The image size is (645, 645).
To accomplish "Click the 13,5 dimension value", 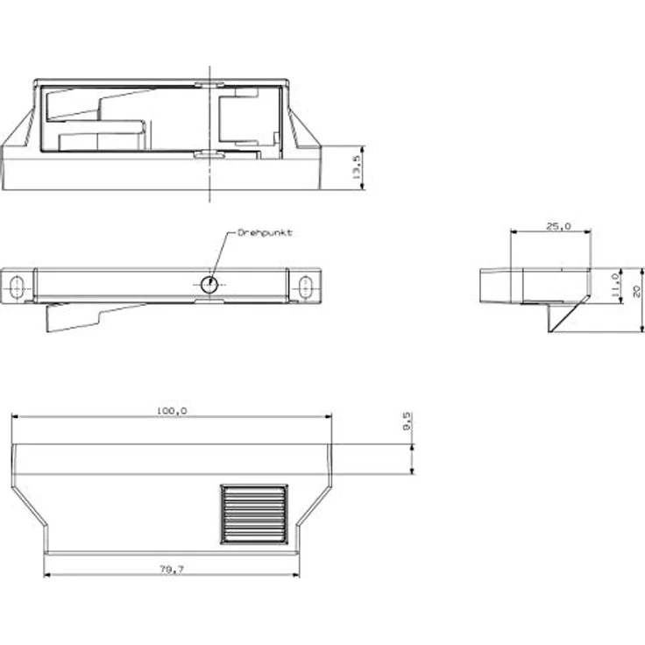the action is (x=357, y=167).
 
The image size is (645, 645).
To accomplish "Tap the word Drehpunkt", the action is (x=266, y=233).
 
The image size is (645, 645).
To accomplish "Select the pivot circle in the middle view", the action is (x=209, y=285).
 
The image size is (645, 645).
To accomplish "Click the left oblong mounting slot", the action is (x=17, y=285).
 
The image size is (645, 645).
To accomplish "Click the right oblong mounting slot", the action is (x=305, y=285).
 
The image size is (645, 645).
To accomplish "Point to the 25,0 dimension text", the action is (x=558, y=226).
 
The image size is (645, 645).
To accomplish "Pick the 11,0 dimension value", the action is (x=615, y=286).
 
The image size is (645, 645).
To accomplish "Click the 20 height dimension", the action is (x=636, y=291).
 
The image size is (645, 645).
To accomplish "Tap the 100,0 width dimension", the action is (x=172, y=410).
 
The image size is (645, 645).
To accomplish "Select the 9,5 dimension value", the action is (x=407, y=422).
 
